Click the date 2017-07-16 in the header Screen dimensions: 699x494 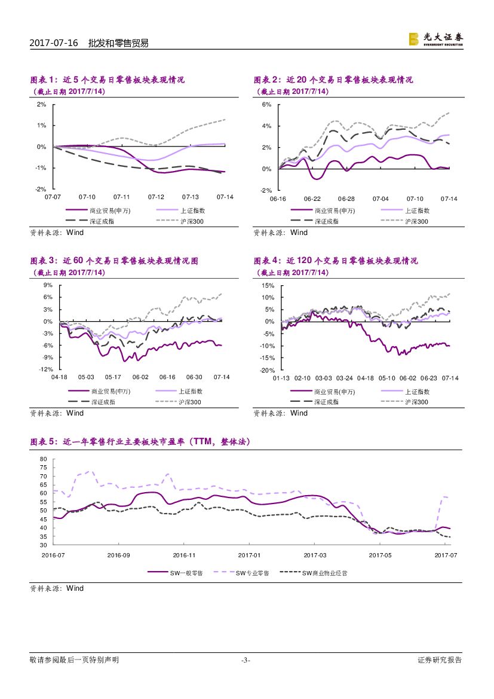pos(50,43)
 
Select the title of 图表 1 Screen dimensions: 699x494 pos(108,80)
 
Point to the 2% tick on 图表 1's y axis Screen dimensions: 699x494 pos(41,104)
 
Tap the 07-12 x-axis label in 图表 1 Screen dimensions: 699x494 pos(156,197)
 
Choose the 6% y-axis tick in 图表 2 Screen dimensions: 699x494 pos(266,105)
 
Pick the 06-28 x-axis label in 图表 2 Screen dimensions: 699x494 pos(346,199)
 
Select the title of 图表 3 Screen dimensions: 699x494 pos(114,261)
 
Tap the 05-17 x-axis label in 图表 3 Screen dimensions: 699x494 pos(113,377)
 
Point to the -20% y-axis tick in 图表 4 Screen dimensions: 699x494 pos(266,370)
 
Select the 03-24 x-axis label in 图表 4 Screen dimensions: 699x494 pos(345,378)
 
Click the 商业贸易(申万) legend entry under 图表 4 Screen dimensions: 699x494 pos(335,392)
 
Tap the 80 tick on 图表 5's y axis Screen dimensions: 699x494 pos(43,459)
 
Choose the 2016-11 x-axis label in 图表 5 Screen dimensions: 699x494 pos(184,555)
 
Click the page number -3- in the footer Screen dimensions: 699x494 pos(246,660)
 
